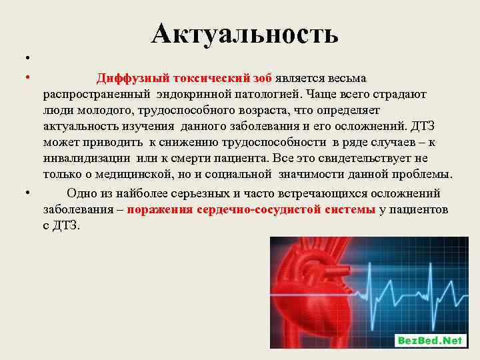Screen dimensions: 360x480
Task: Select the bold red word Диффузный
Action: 131,79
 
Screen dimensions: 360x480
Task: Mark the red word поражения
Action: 164,209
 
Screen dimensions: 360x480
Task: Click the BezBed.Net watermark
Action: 429,340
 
